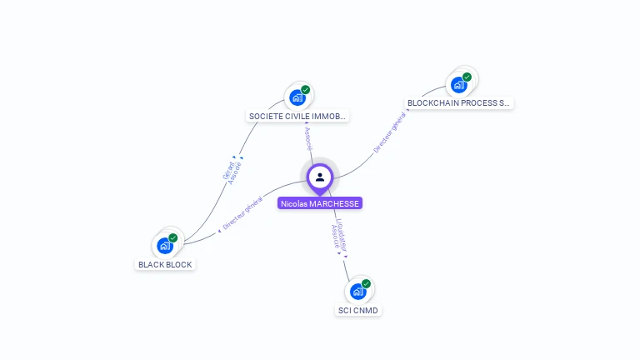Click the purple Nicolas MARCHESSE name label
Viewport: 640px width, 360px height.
[x=320, y=203]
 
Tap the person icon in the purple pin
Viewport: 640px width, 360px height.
[x=320, y=177]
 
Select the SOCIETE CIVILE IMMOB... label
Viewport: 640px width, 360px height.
[x=297, y=117]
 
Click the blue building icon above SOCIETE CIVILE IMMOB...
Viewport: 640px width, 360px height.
[x=297, y=98]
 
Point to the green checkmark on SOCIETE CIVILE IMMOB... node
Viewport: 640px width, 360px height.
[x=305, y=90]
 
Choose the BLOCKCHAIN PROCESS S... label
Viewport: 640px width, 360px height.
[x=458, y=103]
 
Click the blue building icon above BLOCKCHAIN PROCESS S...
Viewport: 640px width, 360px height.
[x=459, y=85]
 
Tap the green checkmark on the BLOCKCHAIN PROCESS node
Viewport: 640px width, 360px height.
[x=467, y=77]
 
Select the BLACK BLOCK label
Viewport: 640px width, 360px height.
[x=165, y=264]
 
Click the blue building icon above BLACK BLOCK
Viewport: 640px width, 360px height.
[x=165, y=246]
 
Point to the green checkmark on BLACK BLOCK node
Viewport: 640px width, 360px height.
[x=173, y=238]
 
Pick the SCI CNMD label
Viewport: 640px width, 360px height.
[x=358, y=310]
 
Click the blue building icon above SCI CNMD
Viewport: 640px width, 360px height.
[x=358, y=292]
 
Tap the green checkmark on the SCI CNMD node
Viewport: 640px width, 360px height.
[x=366, y=283]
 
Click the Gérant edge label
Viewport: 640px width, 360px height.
[x=228, y=171]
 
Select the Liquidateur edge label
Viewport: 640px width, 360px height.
[x=342, y=235]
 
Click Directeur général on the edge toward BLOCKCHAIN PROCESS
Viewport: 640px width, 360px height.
[x=390, y=132]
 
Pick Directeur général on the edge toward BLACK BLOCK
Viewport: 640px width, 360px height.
[x=242, y=213]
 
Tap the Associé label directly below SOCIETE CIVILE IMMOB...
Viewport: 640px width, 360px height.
[x=308, y=139]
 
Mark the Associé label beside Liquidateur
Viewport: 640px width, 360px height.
[x=335, y=237]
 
